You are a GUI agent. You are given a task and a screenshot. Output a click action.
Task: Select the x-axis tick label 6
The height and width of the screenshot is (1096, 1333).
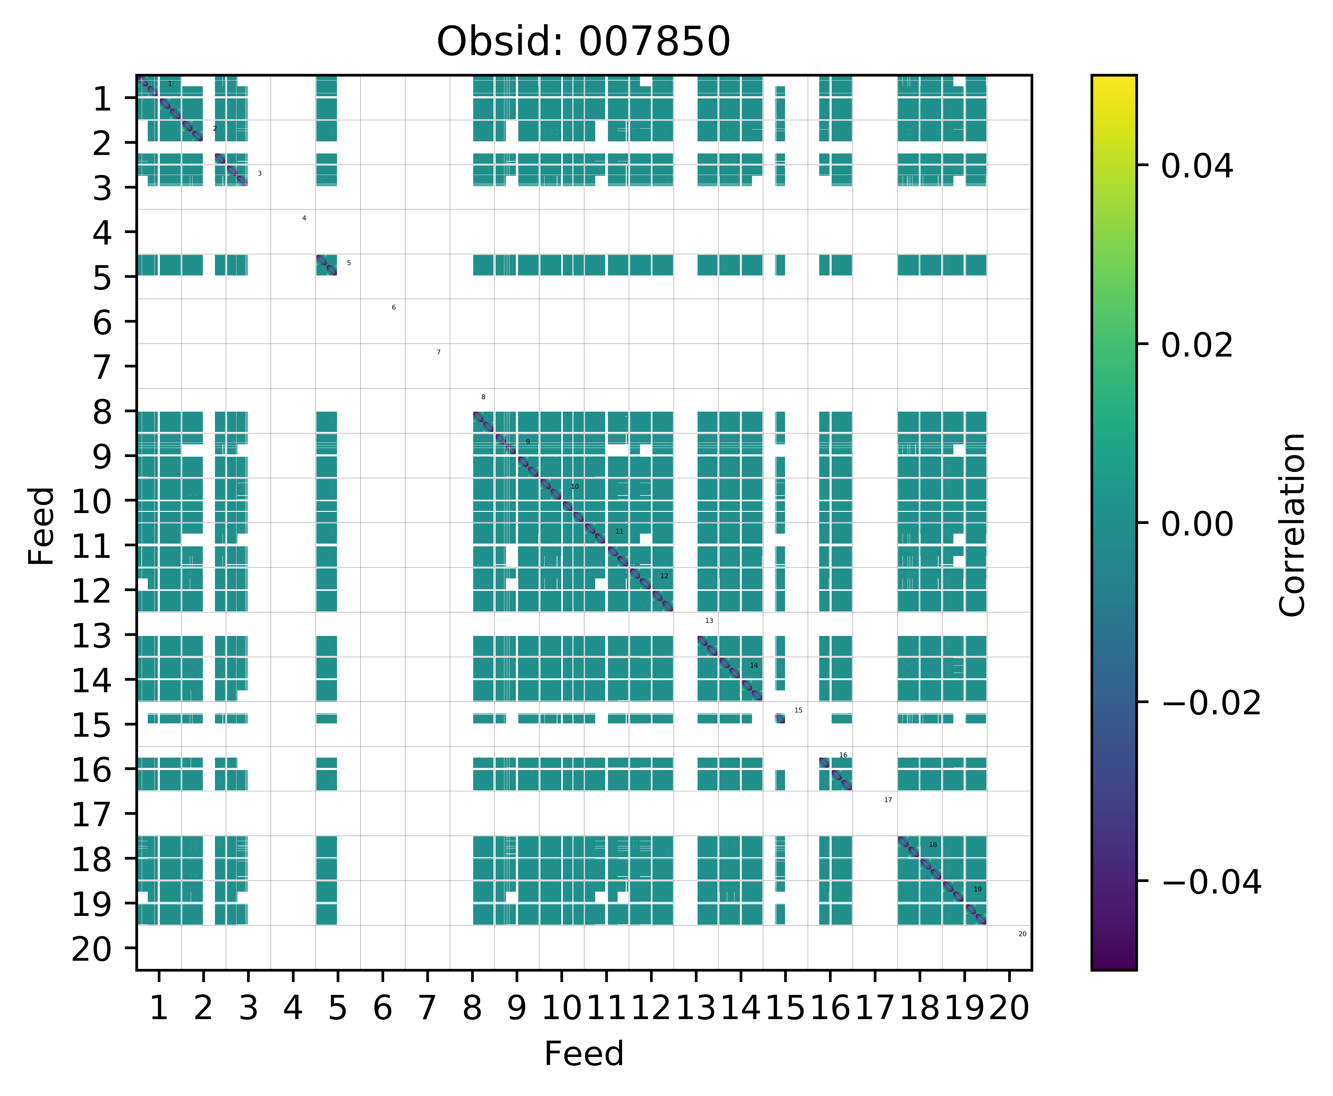tap(382, 1008)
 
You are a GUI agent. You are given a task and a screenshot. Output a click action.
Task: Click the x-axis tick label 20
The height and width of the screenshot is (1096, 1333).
tap(1009, 1008)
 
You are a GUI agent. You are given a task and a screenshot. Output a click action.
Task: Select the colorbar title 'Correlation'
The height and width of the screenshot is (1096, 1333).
tap(1292, 524)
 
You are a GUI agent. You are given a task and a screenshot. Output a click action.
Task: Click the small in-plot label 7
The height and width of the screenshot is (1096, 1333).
tap(438, 352)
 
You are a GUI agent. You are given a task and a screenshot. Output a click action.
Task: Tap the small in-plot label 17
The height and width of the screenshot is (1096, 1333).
tap(888, 800)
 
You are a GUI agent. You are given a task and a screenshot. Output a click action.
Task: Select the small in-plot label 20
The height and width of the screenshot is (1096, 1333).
tap(1022, 934)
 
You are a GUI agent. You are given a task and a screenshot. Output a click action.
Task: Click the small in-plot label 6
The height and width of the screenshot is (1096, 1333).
tap(393, 308)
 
